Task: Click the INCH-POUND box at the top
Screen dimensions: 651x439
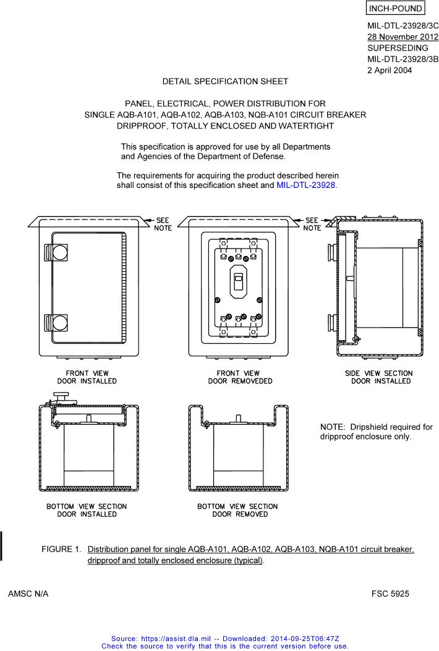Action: click(396, 9)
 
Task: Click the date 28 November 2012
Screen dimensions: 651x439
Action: click(403, 36)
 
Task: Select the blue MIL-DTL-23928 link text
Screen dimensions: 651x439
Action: click(307, 185)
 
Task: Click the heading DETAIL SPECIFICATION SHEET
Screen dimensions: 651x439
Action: click(225, 81)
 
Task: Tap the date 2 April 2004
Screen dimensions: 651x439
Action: click(390, 70)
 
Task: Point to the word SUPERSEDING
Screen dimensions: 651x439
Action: click(398, 48)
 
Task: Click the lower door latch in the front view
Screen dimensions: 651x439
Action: click(56, 323)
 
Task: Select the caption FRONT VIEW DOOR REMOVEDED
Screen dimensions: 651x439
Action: click(238, 377)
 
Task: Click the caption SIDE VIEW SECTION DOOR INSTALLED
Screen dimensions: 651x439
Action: click(379, 377)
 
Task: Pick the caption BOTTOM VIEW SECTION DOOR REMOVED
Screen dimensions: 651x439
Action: click(238, 510)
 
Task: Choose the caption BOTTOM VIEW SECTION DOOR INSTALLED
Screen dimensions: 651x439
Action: click(87, 510)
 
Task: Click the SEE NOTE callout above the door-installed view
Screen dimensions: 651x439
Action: click(163, 224)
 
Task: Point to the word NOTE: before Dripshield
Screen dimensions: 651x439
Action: click(334, 427)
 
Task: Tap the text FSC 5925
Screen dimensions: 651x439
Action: click(390, 594)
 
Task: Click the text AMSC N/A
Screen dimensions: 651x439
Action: click(28, 594)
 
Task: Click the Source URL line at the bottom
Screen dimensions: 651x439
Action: click(225, 638)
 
